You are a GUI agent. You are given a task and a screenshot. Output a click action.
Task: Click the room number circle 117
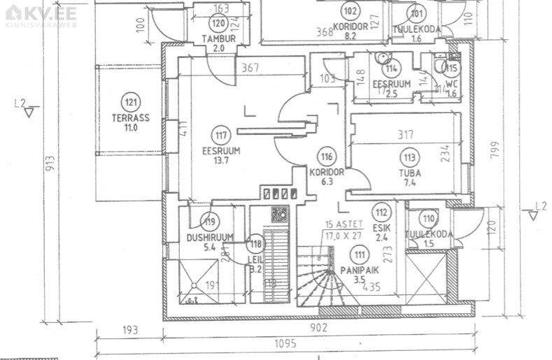click(x=222, y=136)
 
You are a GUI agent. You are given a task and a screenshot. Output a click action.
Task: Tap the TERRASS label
click(x=130, y=118)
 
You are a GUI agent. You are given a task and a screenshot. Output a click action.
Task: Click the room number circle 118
click(x=256, y=245)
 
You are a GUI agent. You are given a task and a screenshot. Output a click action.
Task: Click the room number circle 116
click(x=325, y=156)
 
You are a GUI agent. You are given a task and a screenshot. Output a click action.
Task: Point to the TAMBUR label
click(x=218, y=38)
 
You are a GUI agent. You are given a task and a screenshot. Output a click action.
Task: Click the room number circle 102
click(x=350, y=10)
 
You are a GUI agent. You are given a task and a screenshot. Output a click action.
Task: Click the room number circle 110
click(x=429, y=218)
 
